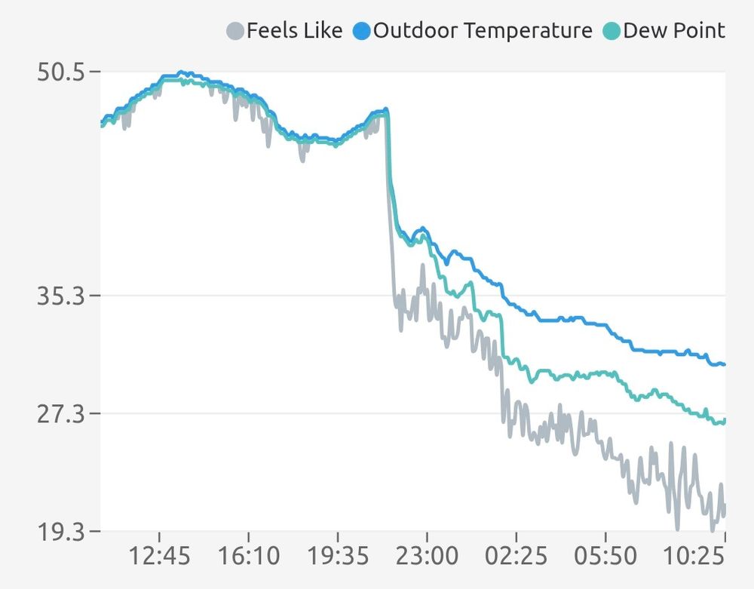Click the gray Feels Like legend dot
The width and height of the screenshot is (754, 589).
236,31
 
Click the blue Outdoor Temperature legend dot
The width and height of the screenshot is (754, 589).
363,31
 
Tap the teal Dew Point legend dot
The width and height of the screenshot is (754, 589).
612,31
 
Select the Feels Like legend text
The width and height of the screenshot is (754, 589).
295,31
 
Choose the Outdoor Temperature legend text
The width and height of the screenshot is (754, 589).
483,31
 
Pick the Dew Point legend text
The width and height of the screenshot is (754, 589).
674,31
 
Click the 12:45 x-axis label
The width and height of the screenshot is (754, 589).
160,557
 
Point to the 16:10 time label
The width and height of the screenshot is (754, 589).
249,557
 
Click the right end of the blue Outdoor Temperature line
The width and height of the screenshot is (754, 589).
724,364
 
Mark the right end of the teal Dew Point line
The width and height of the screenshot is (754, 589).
724,421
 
